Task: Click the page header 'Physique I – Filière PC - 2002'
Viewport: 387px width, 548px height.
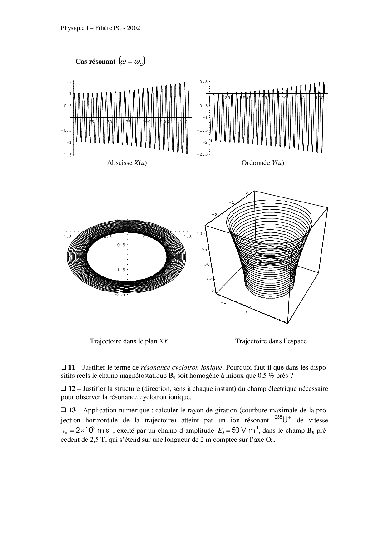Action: pyautogui.click(x=100, y=28)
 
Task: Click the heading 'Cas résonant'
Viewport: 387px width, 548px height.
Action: pyautogui.click(x=96, y=62)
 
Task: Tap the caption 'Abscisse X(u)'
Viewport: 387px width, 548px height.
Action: pyautogui.click(x=127, y=163)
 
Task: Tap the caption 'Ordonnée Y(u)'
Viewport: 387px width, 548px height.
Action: pyautogui.click(x=262, y=163)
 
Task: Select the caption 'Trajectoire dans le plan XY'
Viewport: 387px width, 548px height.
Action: pyautogui.click(x=129, y=341)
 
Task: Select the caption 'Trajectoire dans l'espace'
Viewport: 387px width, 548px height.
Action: pyautogui.click(x=271, y=341)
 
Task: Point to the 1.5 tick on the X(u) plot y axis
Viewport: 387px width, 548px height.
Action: pyautogui.click(x=68, y=81)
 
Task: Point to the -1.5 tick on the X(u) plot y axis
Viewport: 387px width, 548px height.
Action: pyautogui.click(x=66, y=155)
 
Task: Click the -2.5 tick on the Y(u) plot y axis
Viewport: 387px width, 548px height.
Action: pyautogui.click(x=202, y=155)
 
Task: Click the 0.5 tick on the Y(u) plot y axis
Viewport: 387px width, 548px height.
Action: pyautogui.click(x=203, y=82)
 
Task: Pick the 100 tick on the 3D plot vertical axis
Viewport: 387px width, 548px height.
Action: pyautogui.click(x=201, y=234)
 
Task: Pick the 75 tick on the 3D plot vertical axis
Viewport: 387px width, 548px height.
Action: pyautogui.click(x=205, y=250)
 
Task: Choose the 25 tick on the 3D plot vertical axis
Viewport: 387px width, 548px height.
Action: pyautogui.click(x=209, y=278)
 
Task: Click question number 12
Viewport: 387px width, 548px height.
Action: pyautogui.click(x=71, y=389)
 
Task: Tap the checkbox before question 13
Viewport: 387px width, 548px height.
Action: pyautogui.click(x=63, y=410)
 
